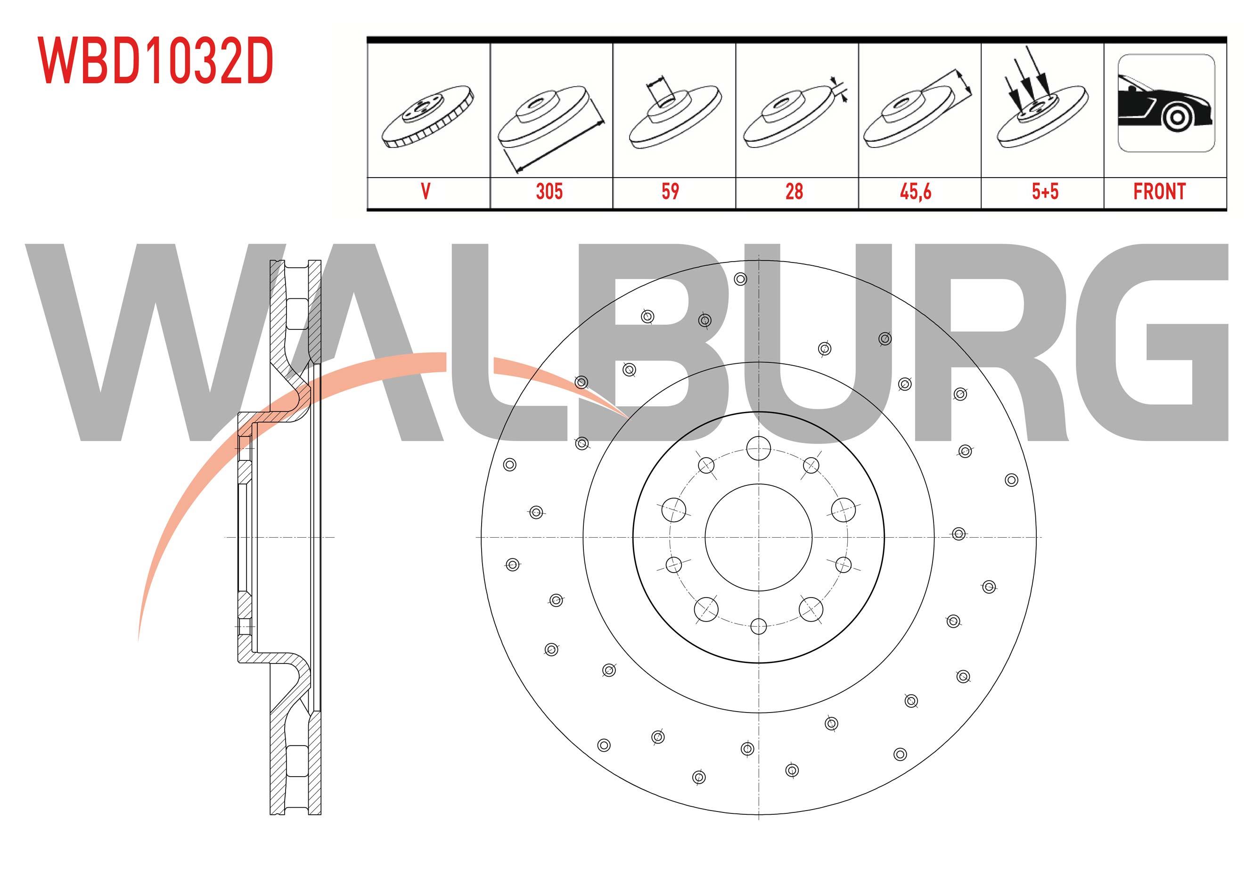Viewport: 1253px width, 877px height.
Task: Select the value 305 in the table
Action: pyautogui.click(x=549, y=191)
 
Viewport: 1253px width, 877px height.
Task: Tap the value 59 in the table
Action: pyautogui.click(x=670, y=191)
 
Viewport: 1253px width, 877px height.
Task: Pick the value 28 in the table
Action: pyautogui.click(x=794, y=191)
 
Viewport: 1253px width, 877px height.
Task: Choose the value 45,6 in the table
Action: pyautogui.click(x=916, y=191)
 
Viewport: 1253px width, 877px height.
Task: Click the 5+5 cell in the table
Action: pyautogui.click(x=1045, y=191)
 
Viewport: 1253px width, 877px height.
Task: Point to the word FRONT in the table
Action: pyautogui.click(x=1160, y=191)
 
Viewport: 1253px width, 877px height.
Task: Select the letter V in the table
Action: pyautogui.click(x=426, y=191)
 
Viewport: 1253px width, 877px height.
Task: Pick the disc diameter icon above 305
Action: pyautogui.click(x=551, y=123)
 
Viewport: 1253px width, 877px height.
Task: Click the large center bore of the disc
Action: pyautogui.click(x=759, y=537)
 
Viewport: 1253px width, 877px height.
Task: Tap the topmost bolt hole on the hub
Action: pyautogui.click(x=759, y=448)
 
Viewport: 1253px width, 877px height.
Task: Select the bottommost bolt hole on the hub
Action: pyautogui.click(x=759, y=626)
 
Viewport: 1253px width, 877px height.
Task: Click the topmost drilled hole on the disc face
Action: pyautogui.click(x=741, y=279)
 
